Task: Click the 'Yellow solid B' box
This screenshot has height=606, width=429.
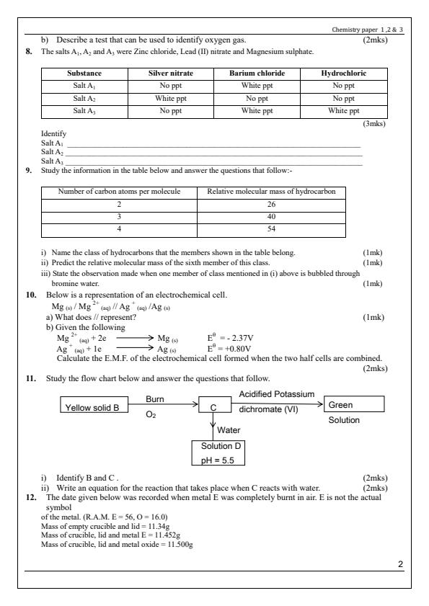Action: [97, 407]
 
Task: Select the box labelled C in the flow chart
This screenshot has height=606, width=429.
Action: [213, 407]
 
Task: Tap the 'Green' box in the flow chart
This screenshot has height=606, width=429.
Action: [354, 405]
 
